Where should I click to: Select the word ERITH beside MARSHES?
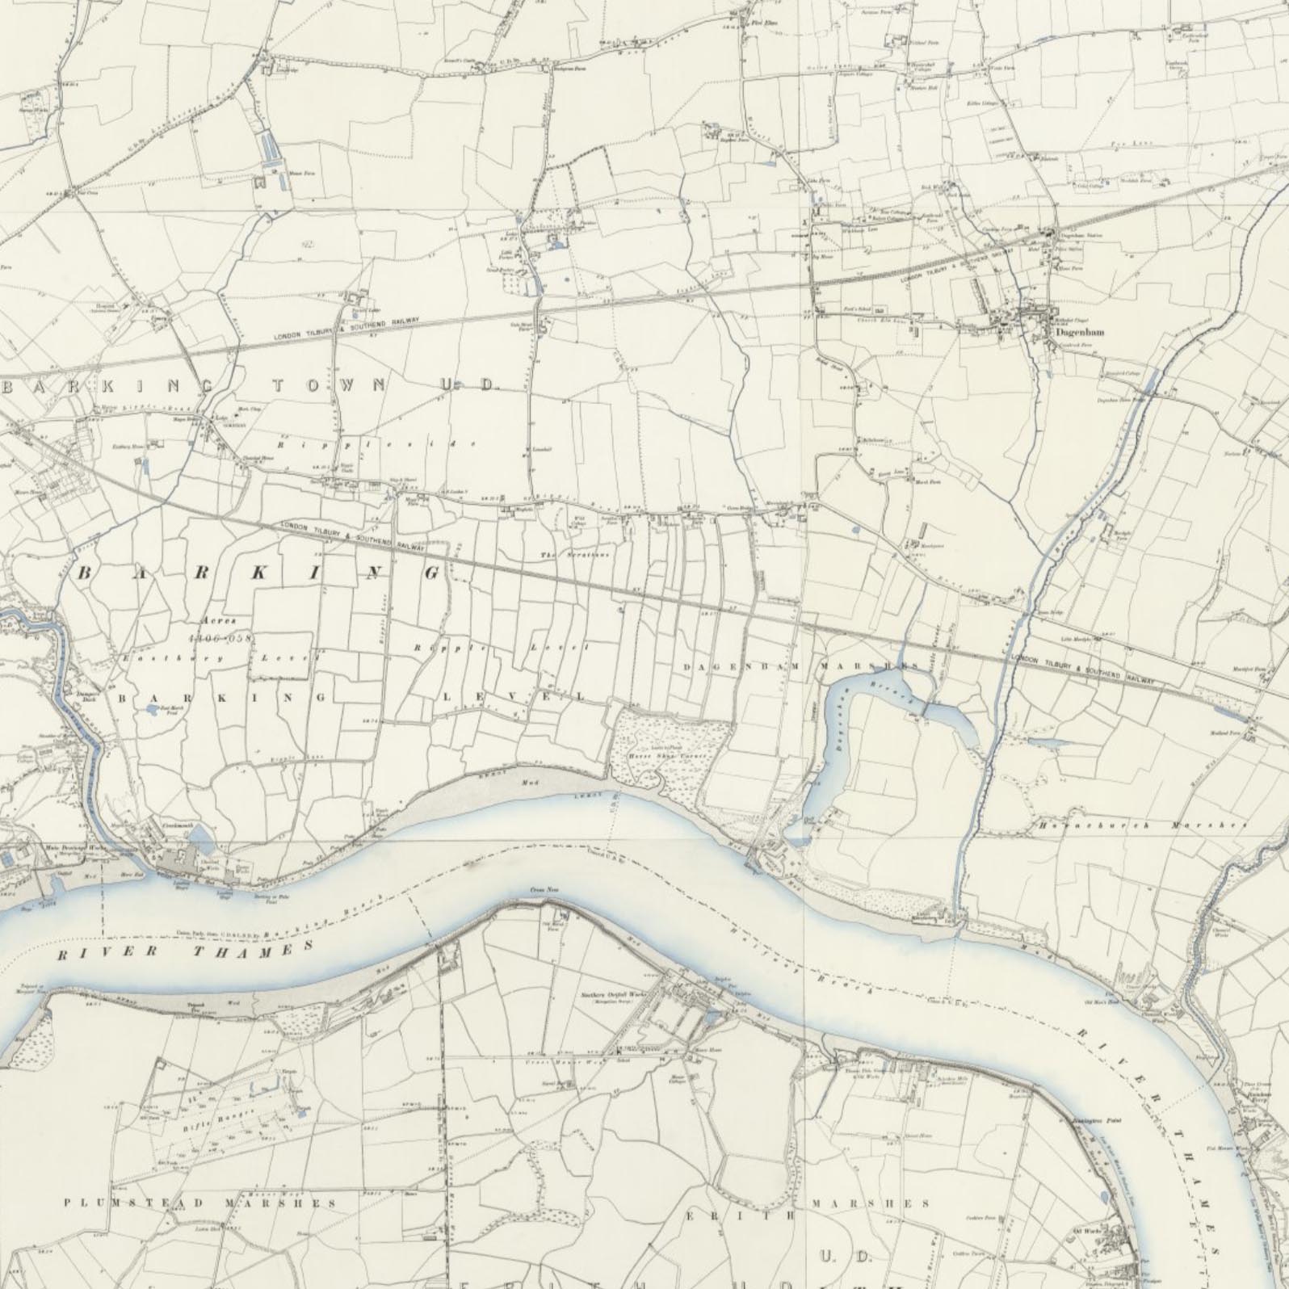[740, 1215]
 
